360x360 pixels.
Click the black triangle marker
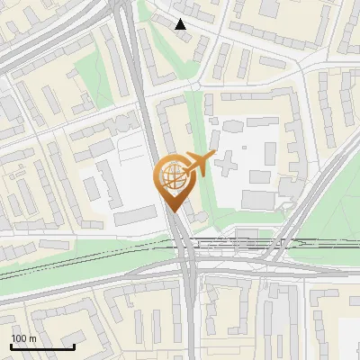coord(181,24)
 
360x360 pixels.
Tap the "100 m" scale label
coord(23,338)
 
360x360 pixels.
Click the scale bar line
coord(42,346)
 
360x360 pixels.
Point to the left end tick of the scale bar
coord(11,345)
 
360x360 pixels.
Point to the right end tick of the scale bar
coord(74,345)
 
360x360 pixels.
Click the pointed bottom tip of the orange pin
coord(173,211)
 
